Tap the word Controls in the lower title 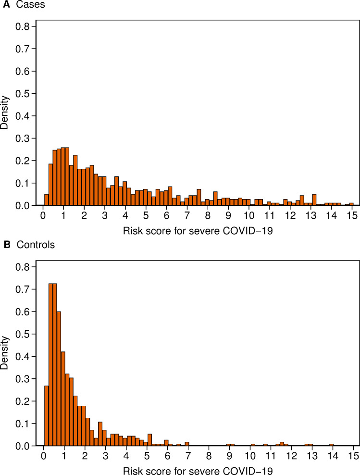(x=36, y=245)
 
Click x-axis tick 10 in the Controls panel (x=250, y=455)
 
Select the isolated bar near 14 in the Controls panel (x=331, y=445)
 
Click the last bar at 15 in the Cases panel (x=351, y=204)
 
